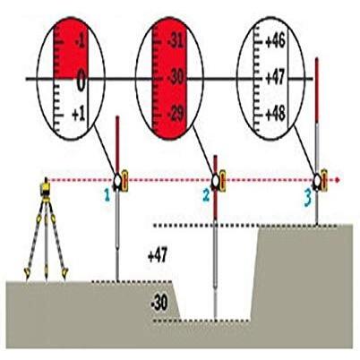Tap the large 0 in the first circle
[80, 83]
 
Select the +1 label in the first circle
[80, 116]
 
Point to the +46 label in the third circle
[276, 41]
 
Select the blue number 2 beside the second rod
[204, 193]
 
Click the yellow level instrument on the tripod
[41, 187]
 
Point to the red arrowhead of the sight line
[338, 180]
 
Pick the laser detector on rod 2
[218, 181]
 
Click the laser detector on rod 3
[320, 181]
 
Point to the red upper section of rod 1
[118, 143]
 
